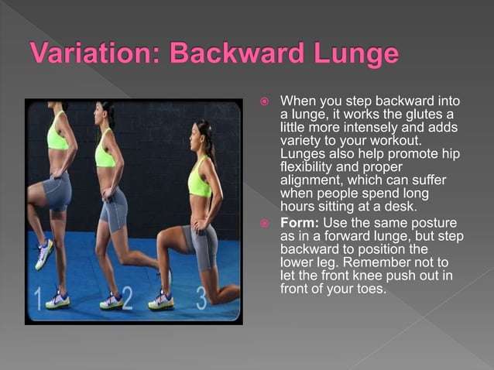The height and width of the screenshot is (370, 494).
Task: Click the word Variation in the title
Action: tap(94, 56)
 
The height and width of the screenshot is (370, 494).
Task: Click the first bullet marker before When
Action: tap(265, 102)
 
